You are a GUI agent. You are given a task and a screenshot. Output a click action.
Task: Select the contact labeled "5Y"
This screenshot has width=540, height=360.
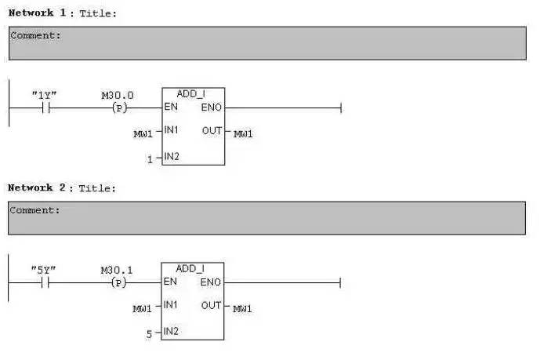(x=44, y=282)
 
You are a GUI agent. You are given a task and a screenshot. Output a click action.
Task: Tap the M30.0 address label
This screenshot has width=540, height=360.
(x=118, y=96)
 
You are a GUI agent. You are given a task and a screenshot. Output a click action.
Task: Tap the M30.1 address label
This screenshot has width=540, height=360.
(x=117, y=270)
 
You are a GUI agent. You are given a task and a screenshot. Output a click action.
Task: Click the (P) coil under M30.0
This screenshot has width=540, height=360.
(x=119, y=108)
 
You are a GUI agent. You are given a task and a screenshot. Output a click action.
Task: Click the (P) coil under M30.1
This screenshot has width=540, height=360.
(x=119, y=282)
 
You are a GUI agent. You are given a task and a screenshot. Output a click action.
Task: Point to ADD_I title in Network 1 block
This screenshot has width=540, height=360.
(x=191, y=94)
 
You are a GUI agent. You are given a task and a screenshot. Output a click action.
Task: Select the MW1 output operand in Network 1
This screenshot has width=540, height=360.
(x=243, y=134)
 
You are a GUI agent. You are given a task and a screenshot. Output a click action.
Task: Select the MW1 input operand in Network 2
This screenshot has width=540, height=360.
(x=143, y=308)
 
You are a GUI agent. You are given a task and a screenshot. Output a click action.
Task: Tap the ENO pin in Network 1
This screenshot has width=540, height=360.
(x=212, y=107)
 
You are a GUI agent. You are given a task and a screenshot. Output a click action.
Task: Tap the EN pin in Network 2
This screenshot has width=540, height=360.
(x=171, y=282)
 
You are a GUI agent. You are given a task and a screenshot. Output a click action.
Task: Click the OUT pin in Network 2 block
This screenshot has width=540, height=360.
(x=211, y=305)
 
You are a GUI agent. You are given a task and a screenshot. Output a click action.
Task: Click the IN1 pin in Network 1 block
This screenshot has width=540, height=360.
(x=172, y=131)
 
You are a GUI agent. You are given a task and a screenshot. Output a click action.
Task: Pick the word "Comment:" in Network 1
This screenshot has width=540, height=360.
(x=35, y=36)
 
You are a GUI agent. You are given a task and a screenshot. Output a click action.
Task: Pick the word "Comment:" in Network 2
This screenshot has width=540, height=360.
(x=35, y=210)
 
